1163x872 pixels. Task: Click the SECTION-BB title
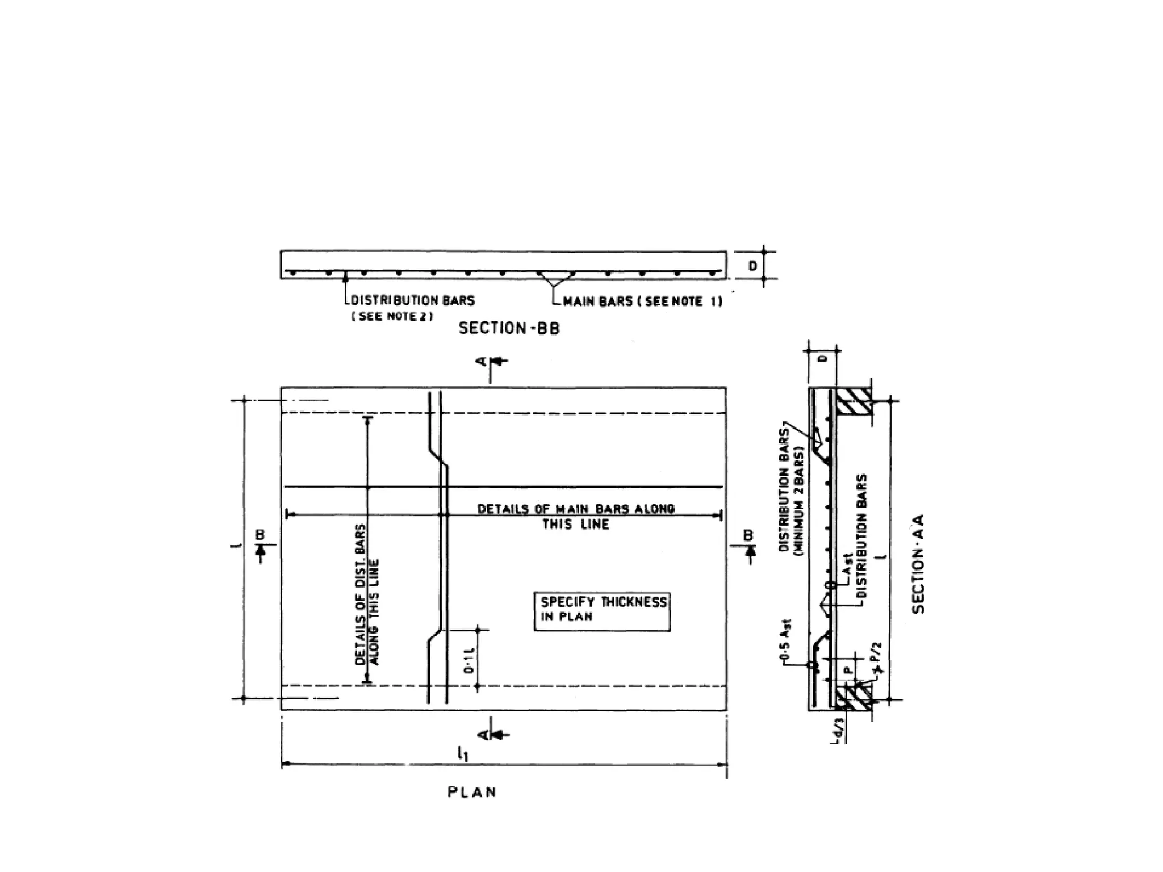[509, 328]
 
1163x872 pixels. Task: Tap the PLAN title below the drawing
[472, 792]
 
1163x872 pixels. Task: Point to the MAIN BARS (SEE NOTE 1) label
[642, 301]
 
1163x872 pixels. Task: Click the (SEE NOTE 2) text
[392, 316]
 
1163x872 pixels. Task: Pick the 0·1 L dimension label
[469, 661]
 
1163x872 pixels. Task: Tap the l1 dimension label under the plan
[462, 754]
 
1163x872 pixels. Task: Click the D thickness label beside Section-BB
[752, 266]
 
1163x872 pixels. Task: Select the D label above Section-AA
[824, 358]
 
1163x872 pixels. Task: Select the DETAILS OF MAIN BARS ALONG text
[576, 509]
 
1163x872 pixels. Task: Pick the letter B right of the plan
[748, 535]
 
